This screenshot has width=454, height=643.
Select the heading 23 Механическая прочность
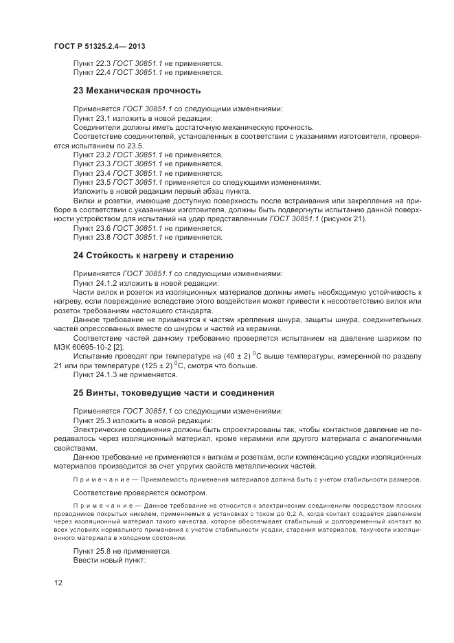[x=137, y=90]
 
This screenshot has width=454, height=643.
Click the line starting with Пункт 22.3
[x=148, y=63]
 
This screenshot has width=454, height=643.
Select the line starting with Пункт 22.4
[x=148, y=72]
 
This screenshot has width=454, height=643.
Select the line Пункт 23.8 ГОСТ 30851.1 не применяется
[x=148, y=237]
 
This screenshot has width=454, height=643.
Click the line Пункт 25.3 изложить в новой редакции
[x=143, y=420]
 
